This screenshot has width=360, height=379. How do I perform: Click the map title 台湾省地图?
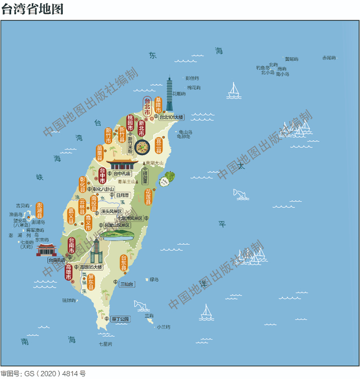[x=32, y=9]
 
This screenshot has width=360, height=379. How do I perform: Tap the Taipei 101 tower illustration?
[x=170, y=95]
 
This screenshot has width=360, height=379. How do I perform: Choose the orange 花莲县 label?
[x=148, y=197]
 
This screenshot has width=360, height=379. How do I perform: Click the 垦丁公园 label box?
[x=120, y=319]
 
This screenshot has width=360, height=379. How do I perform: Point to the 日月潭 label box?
[x=122, y=195]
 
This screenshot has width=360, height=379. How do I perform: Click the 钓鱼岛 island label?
[x=263, y=67]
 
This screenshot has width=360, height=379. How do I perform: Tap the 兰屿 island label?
[x=149, y=315]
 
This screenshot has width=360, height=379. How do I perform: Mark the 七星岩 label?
[x=105, y=343]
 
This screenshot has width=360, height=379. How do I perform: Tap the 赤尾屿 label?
[x=328, y=58]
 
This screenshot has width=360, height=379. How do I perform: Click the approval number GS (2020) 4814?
[x=43, y=374]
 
